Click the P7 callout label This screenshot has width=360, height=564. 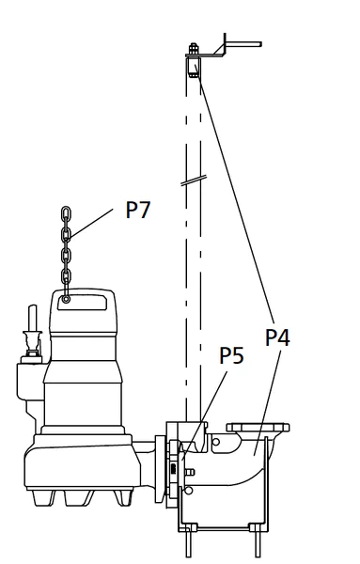pos(138,210)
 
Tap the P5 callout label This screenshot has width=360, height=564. pos(231,355)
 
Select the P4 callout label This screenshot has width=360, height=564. pos(277,337)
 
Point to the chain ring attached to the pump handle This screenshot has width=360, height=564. pos(66,299)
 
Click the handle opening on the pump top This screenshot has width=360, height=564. pos(82,302)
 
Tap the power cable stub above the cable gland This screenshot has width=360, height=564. pos(33,319)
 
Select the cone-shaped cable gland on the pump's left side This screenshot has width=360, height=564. pos(32,343)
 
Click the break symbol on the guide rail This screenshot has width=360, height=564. pos(194,180)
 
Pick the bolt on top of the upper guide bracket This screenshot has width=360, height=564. pos(194,48)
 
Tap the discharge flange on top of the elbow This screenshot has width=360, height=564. pos(258,428)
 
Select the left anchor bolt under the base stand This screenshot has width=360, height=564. pos(188,544)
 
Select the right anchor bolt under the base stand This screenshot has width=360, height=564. pos(258,544)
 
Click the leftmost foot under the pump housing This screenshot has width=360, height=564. pos(43,498)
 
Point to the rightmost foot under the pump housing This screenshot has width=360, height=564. pos(122,498)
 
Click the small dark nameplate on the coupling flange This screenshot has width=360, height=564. pos(173,468)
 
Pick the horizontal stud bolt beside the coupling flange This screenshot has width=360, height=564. pos(189,472)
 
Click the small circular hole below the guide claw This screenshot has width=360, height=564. pos(188,490)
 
